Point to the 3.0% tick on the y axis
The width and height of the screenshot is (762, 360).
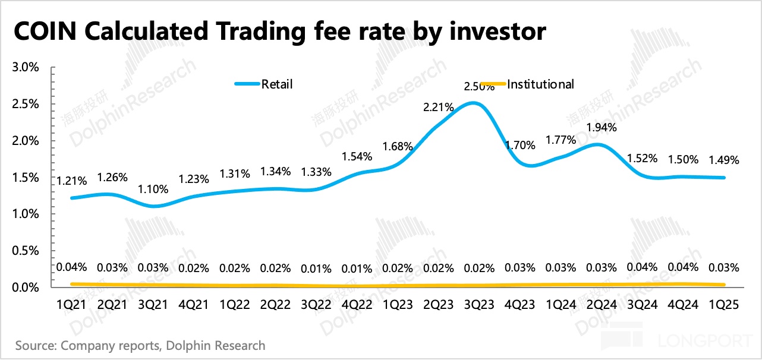click(26, 67)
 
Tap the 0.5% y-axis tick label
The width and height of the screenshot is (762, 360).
click(26, 251)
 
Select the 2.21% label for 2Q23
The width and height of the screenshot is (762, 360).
click(439, 108)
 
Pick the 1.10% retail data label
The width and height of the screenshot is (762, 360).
click(154, 190)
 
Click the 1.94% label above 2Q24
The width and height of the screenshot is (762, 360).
click(601, 127)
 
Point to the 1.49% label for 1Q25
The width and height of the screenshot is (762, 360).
click(723, 159)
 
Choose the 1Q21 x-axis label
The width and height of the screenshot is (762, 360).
click(72, 304)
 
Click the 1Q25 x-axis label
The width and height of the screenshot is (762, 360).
click(723, 304)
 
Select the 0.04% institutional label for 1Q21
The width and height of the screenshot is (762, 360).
click(72, 267)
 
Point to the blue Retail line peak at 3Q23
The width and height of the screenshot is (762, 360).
click(473, 103)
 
